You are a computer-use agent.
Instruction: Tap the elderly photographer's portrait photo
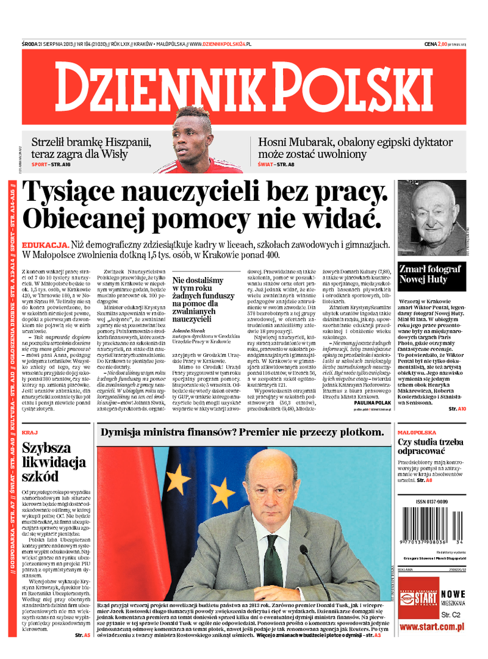coord(437,218)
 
